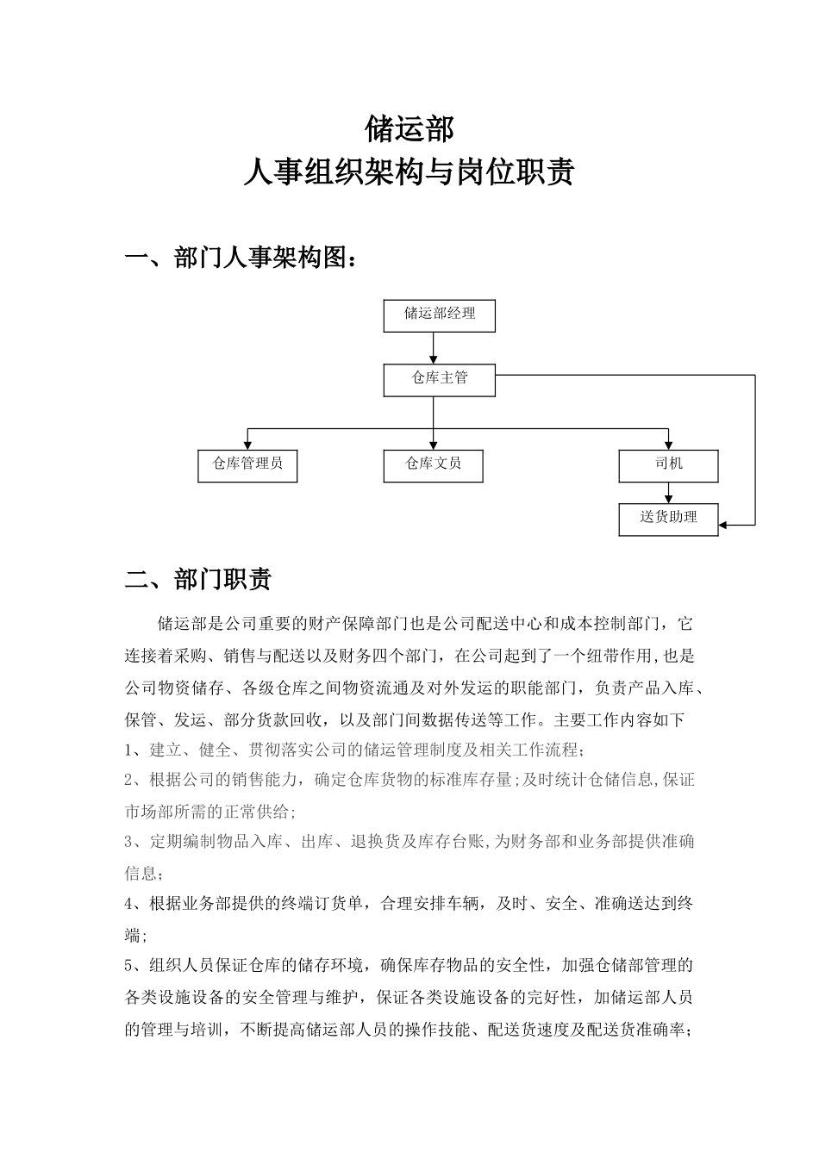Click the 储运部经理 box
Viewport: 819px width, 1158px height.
[440, 315]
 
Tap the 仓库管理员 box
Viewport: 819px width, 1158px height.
[247, 465]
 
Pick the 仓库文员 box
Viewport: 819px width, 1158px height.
[433, 465]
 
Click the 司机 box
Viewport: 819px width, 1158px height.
[668, 465]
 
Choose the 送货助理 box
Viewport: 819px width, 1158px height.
[668, 519]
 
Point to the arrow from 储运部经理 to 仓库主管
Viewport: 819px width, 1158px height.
[434, 347]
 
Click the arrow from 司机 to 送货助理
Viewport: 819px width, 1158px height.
[668, 492]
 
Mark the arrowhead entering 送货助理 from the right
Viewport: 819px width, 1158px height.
[724, 524]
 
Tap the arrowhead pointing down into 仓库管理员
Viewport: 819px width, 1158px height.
[248, 445]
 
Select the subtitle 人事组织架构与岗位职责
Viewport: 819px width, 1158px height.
[409, 172]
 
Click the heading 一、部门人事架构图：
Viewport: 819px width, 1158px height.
[241, 258]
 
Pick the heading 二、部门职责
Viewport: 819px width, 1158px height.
[198, 579]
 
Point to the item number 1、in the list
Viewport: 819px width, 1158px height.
[135, 748]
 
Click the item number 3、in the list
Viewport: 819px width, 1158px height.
[135, 842]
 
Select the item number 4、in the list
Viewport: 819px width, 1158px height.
[135, 904]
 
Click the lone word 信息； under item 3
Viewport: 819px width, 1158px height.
[143, 874]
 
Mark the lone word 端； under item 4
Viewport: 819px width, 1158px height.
[135, 936]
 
